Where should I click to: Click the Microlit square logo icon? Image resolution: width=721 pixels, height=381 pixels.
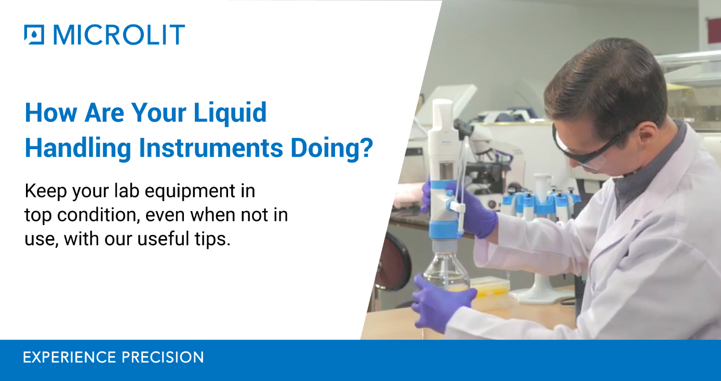pyautogui.click(x=34, y=35)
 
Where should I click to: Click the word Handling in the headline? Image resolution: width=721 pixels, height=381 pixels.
pyautogui.click(x=78, y=148)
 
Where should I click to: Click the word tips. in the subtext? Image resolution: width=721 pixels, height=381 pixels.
pyautogui.click(x=211, y=240)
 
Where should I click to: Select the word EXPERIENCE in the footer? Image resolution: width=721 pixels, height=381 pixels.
pyautogui.click(x=70, y=358)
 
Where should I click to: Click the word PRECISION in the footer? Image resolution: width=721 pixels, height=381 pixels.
pyautogui.click(x=163, y=358)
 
